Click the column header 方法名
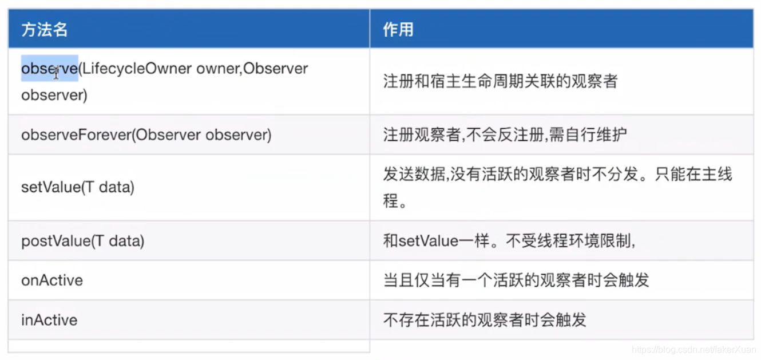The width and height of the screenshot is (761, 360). [45, 30]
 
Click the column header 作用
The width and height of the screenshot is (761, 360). [398, 30]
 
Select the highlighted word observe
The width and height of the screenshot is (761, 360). [49, 69]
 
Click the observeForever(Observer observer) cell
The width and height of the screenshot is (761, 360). [146, 135]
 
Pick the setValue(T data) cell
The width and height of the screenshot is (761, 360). [77, 187]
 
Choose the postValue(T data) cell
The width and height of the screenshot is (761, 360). [82, 241]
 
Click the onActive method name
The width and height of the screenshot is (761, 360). [52, 280]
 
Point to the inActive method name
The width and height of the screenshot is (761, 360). [49, 320]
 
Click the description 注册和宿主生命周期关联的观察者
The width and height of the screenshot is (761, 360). [500, 81]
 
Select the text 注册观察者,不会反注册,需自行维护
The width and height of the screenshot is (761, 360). [505, 135]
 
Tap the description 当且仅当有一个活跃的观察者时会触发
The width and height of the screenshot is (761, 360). [516, 280]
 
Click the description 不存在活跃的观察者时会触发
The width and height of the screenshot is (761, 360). [485, 320]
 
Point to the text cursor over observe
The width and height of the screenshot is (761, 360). [56, 73]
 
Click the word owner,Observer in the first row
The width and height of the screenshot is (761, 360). [252, 69]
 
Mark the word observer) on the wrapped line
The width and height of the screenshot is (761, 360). [54, 95]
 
